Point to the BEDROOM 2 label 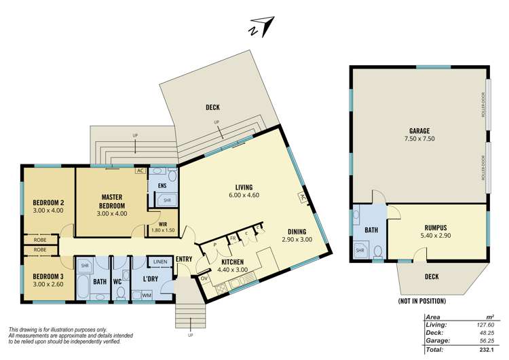point(48,206)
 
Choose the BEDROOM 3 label point(48,278)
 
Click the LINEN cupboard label point(161,262)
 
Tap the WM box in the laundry point(147,295)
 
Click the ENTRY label point(183,259)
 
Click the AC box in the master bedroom point(140,171)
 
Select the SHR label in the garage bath point(360,250)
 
